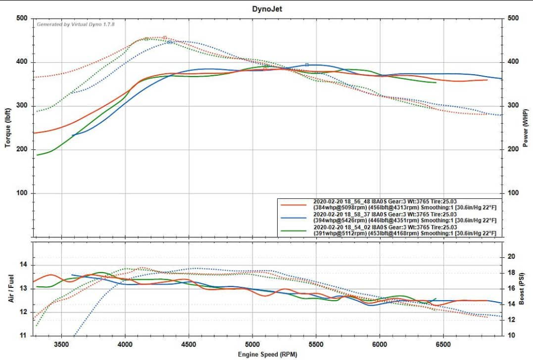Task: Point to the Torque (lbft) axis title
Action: pyautogui.click(x=8, y=127)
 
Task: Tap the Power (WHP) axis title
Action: pyautogui.click(x=525, y=127)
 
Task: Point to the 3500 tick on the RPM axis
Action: pyautogui.click(x=62, y=344)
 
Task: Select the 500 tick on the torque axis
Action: pyautogui.click(x=21, y=18)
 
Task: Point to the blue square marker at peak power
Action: pyautogui.click(x=307, y=65)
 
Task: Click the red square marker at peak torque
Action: pyautogui.click(x=165, y=37)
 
